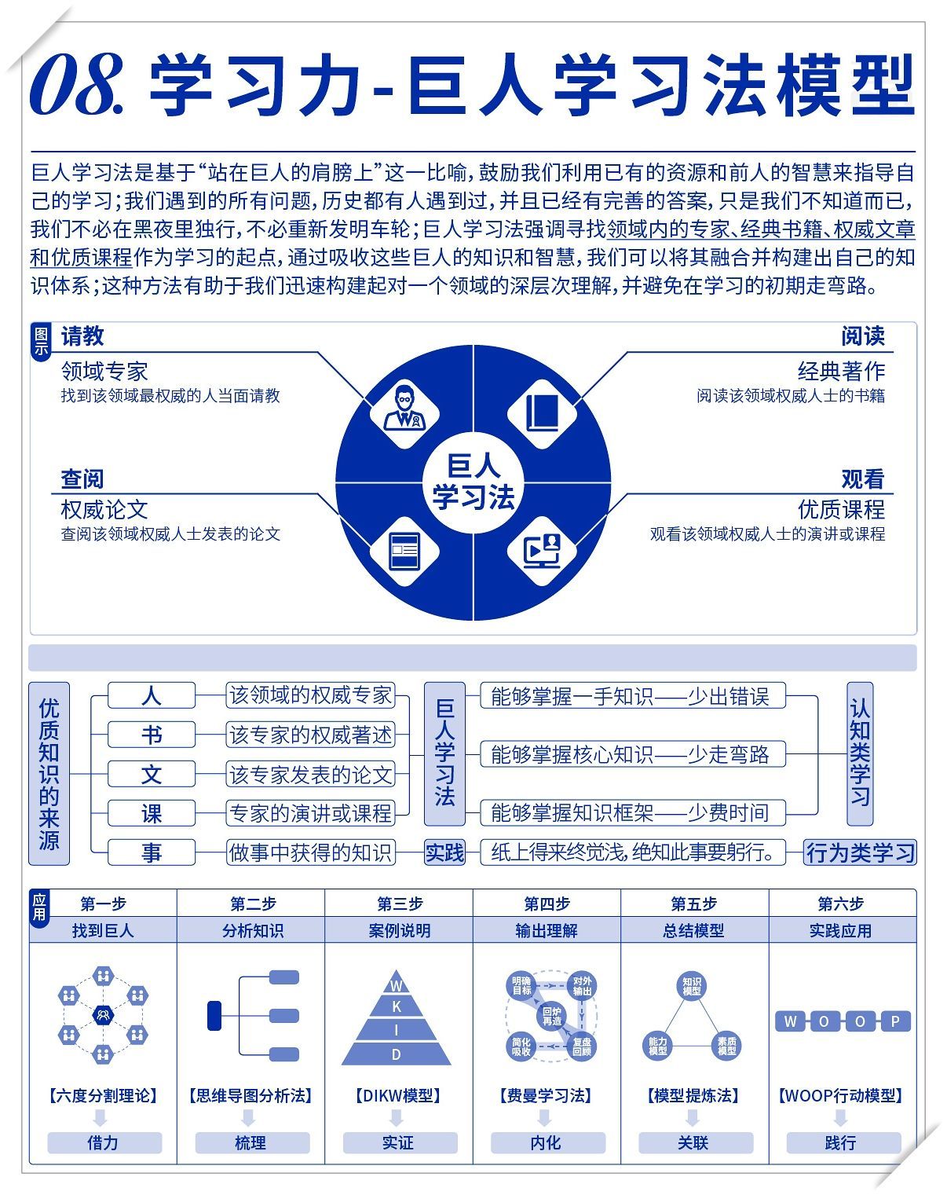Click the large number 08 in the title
point(75,84)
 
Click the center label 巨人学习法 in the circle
point(473,482)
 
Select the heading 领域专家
point(104,371)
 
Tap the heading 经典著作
point(841,371)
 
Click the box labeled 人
point(151,696)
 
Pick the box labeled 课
point(151,813)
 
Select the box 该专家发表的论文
point(310,775)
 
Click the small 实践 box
point(444,852)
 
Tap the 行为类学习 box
point(861,852)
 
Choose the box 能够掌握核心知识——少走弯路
point(631,754)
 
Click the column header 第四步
point(547,904)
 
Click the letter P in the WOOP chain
point(894,1021)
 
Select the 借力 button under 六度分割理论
point(104,1142)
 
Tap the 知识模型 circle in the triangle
point(692,986)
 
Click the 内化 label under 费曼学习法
point(547,1142)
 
